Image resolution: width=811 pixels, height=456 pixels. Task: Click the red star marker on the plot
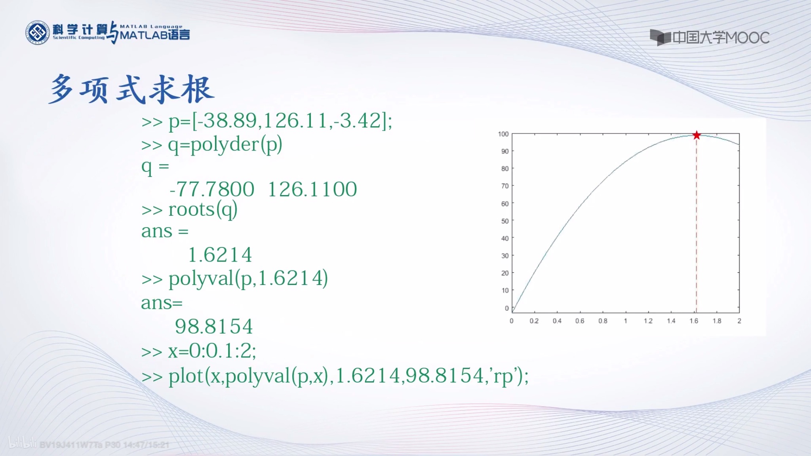point(697,135)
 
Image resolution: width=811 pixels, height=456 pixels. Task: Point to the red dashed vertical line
point(697,226)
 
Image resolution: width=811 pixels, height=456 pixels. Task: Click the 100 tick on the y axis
point(503,134)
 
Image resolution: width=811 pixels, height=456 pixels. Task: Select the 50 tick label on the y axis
point(505,221)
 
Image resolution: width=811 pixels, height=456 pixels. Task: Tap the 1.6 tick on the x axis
point(694,321)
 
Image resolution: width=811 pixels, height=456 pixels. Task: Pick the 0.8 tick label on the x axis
point(603,321)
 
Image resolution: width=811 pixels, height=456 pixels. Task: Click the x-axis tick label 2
point(739,321)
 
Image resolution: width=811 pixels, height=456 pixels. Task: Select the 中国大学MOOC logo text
point(721,38)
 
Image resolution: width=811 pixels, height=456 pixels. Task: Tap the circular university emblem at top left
point(37,33)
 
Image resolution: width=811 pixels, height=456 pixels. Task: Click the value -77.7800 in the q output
point(212,189)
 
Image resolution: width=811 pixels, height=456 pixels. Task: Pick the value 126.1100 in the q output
point(312,189)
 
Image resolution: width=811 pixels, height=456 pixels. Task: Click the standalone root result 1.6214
point(220,255)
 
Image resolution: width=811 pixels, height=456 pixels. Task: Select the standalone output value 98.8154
point(214,327)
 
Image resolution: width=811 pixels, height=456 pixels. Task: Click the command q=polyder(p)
point(225,145)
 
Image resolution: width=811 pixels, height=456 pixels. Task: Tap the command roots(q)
point(203,210)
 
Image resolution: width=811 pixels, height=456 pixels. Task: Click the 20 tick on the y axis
point(505,273)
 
